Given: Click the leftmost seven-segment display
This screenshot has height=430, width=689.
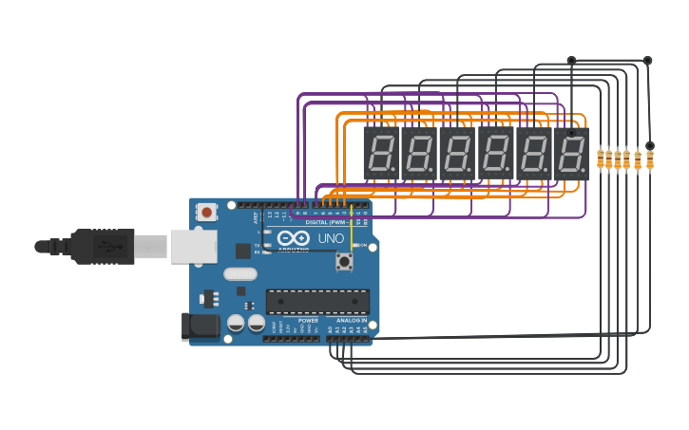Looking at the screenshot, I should coord(380,154).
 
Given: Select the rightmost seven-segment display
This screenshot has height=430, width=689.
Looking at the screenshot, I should coord(571,154).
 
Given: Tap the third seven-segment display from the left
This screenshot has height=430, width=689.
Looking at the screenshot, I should coord(456,154).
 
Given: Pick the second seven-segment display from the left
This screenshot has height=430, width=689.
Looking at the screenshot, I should coord(418,154).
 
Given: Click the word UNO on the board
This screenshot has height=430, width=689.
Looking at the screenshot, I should coord(331,238).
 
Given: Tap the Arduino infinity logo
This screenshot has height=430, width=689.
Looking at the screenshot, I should coord(294,238).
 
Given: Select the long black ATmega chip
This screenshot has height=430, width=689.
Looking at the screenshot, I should coord(317,302).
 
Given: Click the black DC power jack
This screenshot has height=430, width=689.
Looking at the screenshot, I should coord(200,327).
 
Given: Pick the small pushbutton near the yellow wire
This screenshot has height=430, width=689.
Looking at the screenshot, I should coord(344,261).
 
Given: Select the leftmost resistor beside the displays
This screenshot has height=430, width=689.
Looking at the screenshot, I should coord(601,160).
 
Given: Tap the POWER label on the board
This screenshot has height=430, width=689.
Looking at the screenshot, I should coord(309,321).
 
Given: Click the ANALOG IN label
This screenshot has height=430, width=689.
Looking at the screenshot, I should coord(351,321).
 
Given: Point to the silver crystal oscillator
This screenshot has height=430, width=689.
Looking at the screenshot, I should coord(240,274).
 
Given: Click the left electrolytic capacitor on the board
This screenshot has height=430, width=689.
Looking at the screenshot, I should coord(236,324).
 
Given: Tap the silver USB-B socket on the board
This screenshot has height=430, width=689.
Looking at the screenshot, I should coord(194,246).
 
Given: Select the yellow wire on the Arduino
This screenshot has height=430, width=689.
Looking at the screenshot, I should coord(352,230).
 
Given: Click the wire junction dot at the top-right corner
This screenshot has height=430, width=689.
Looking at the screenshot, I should coord(648,61).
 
